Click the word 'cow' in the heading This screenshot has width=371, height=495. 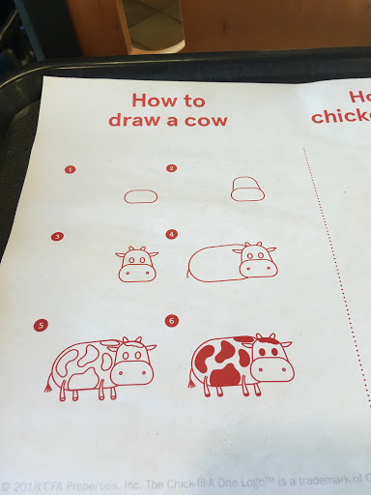tap(206, 121)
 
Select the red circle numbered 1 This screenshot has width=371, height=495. tap(70, 169)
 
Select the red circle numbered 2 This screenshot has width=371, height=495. tap(171, 168)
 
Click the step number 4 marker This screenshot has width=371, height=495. tap(171, 234)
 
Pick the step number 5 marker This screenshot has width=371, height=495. tap(40, 326)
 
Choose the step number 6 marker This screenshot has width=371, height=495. tap(171, 320)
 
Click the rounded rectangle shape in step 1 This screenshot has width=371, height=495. tap(141, 196)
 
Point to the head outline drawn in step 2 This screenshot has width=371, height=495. tap(247, 188)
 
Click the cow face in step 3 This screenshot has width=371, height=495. tap(137, 264)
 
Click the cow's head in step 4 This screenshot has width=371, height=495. tap(257, 260)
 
